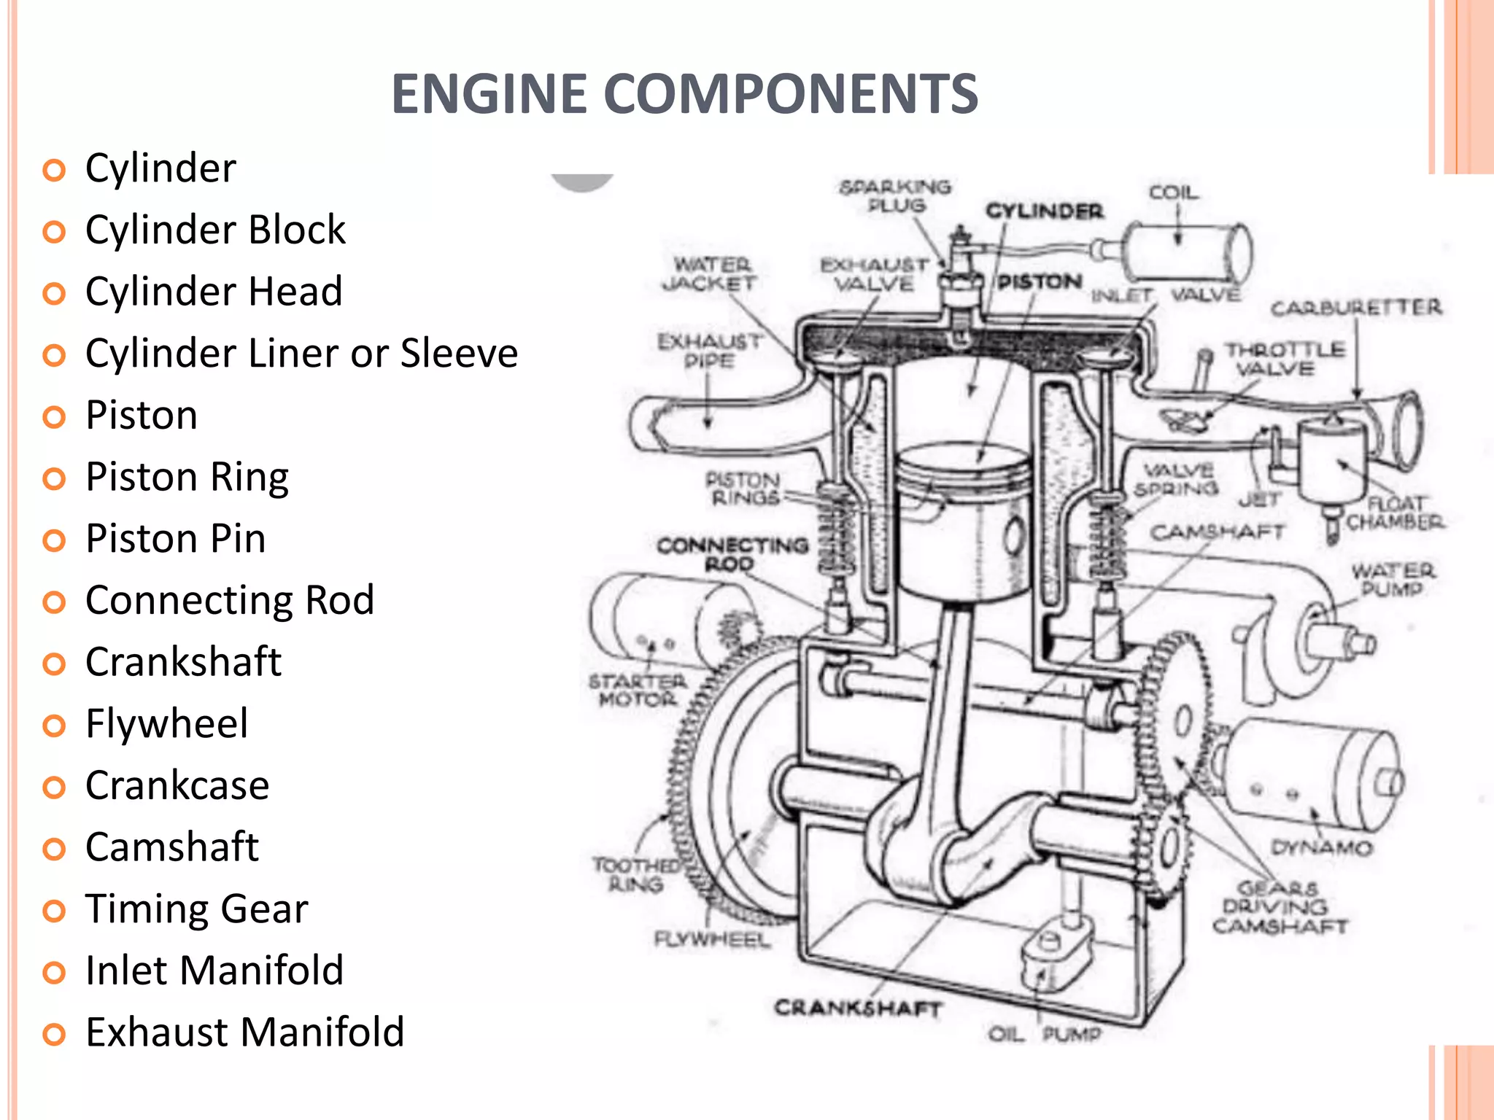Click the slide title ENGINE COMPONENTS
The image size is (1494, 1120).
pyautogui.click(x=684, y=94)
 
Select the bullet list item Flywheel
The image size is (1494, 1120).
pyautogui.click(x=166, y=723)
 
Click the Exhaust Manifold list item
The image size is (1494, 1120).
pyautogui.click(x=244, y=1032)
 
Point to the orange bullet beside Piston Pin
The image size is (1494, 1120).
pyautogui.click(x=54, y=540)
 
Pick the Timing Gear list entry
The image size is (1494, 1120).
pyautogui.click(x=196, y=909)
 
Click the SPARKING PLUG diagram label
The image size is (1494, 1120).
pyautogui.click(x=895, y=196)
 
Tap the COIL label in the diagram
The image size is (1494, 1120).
pyautogui.click(x=1174, y=192)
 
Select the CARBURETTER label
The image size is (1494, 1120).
pyautogui.click(x=1356, y=308)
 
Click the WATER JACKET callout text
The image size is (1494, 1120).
pyautogui.click(x=710, y=273)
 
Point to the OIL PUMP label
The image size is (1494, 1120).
pyautogui.click(x=1045, y=1034)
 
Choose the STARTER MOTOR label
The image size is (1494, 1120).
pyautogui.click(x=638, y=690)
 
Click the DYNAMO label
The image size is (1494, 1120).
pyautogui.click(x=1322, y=847)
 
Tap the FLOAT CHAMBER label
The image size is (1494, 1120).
pyautogui.click(x=1394, y=513)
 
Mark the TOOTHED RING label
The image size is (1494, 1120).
pyautogui.click(x=635, y=874)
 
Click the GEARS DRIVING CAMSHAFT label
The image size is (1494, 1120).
pyautogui.click(x=1280, y=907)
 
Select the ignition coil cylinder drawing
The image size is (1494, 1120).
pyautogui.click(x=1185, y=252)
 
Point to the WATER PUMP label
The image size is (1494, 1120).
pyautogui.click(x=1392, y=579)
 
